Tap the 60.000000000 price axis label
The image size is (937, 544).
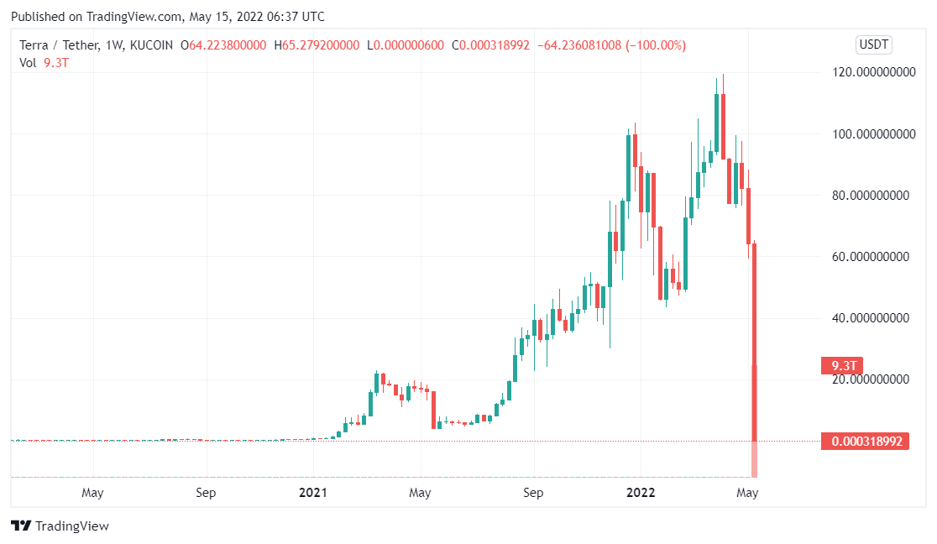tap(872, 257)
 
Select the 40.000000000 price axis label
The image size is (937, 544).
tap(872, 318)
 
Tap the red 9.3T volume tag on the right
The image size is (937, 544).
tap(842, 365)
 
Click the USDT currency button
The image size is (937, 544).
tap(874, 45)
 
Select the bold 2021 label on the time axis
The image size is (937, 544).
tap(312, 493)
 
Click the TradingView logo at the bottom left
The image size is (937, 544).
tap(60, 526)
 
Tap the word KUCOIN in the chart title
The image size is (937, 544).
tap(156, 45)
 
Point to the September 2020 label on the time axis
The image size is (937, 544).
tap(207, 493)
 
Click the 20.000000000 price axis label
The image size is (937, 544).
tap(872, 380)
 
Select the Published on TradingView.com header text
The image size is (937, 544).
tap(168, 17)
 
